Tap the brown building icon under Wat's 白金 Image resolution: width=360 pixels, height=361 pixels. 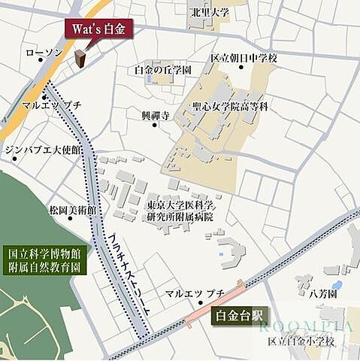[x=80, y=58]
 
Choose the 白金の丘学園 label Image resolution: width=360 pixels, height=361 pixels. [x=162, y=69]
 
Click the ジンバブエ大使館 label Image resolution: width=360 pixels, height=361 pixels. [x=44, y=150]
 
